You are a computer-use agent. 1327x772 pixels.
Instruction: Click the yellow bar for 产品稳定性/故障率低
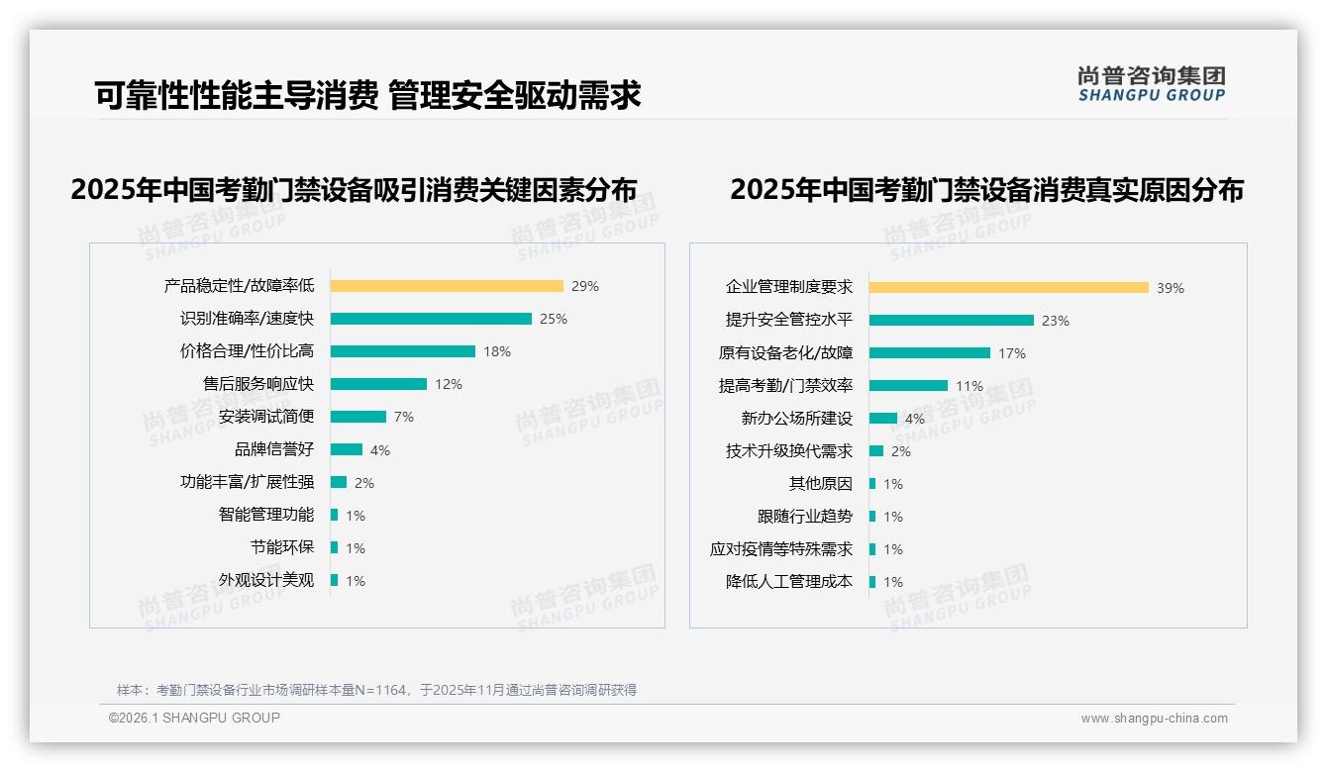point(447,286)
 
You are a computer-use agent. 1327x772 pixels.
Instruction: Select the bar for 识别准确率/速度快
point(431,319)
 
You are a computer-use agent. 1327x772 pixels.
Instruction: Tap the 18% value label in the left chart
point(497,351)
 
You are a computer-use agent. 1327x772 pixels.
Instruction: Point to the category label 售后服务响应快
point(258,384)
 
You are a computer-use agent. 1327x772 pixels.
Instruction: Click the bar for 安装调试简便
point(358,417)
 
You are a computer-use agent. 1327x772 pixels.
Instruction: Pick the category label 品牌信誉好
point(274,449)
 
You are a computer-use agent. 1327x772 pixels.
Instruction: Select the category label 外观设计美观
point(266,580)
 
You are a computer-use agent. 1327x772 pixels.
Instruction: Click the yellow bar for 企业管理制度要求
point(1009,288)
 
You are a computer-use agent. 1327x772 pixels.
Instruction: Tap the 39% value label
point(1171,288)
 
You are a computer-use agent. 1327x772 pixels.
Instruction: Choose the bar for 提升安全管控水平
point(952,321)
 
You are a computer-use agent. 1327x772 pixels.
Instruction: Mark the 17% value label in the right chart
point(1012,353)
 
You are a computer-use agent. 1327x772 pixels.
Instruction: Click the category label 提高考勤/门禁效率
point(785,386)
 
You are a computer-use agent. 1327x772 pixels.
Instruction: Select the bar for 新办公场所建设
point(883,419)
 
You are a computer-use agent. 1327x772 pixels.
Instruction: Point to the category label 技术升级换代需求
point(789,451)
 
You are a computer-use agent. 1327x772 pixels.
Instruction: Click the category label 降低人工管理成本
point(789,582)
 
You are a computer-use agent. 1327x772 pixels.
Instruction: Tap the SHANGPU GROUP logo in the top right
point(1152,84)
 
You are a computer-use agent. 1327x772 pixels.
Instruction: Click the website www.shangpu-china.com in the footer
point(1154,719)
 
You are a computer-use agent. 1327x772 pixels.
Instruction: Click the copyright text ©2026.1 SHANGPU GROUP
point(194,718)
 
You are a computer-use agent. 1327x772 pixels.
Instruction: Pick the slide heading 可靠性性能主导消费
point(237,95)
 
